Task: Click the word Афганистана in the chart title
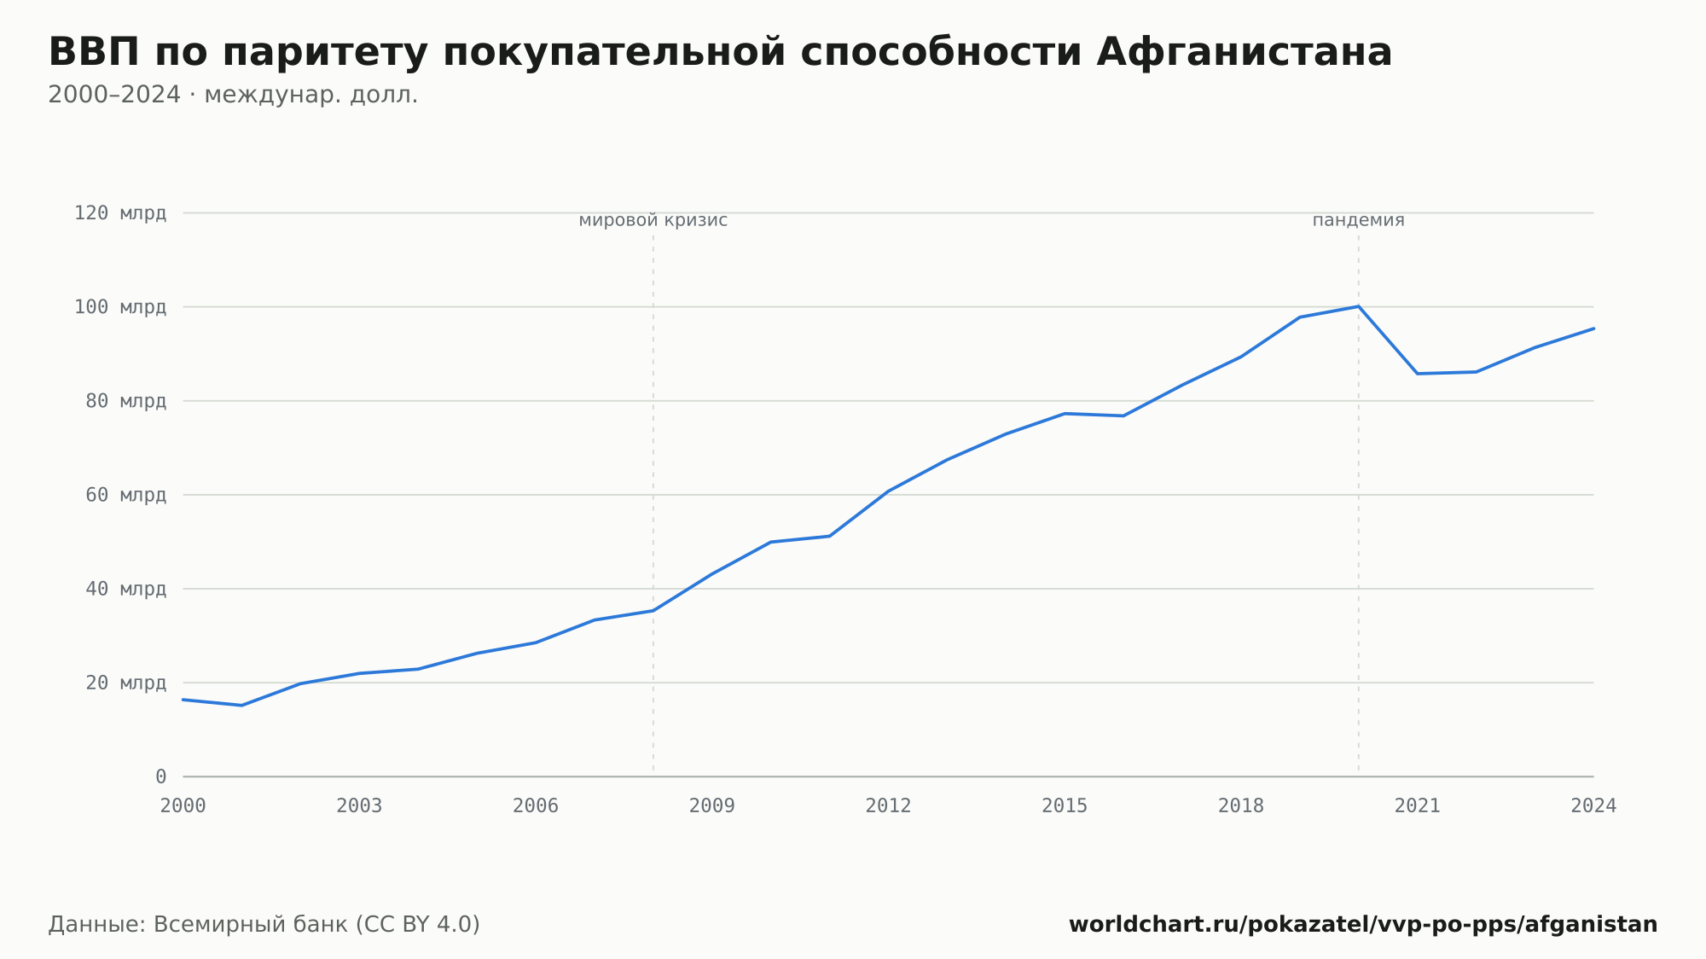(x=1245, y=52)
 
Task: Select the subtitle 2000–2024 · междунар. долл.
(x=233, y=95)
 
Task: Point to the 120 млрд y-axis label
(x=120, y=212)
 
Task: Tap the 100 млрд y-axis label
(x=120, y=306)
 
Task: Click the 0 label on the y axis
(x=161, y=776)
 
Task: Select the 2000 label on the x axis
(x=183, y=806)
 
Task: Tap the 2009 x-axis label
(x=712, y=806)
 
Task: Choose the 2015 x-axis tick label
(x=1065, y=806)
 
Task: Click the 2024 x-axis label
(x=1593, y=806)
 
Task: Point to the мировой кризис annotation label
(x=653, y=220)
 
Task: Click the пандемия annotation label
(x=1358, y=220)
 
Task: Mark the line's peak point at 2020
(x=1358, y=306)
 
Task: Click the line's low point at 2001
(x=242, y=706)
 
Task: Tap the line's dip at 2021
(x=1417, y=374)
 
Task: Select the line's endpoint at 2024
(x=1593, y=328)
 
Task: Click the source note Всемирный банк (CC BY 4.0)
(x=316, y=924)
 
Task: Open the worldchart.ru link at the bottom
(x=1363, y=924)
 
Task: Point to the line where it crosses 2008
(x=653, y=611)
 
